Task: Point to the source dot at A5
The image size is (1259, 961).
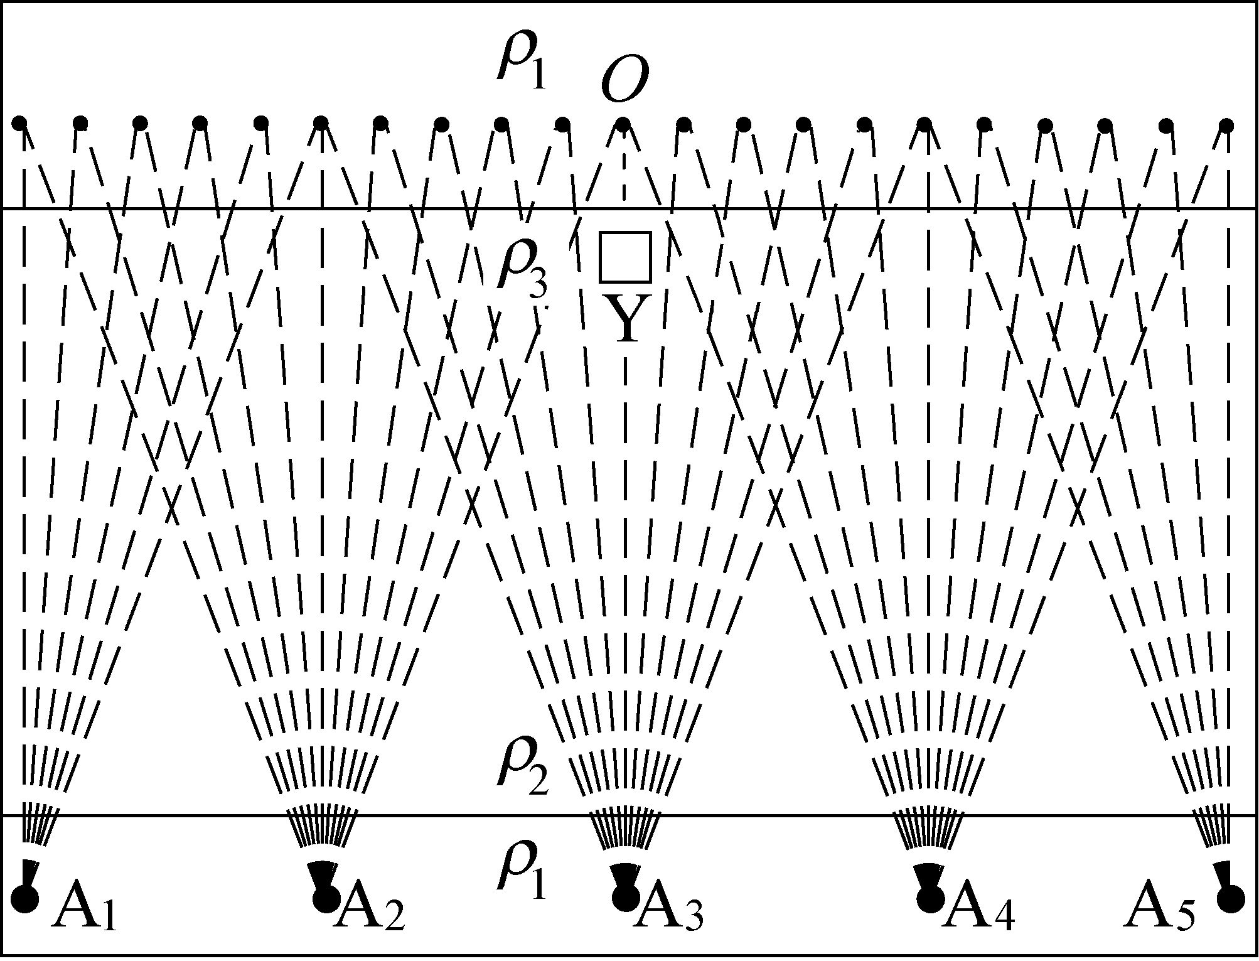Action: (1230, 899)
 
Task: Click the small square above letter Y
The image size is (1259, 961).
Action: (624, 257)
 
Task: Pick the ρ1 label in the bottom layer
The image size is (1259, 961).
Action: (521, 869)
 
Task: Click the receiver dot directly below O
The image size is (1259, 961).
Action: (622, 123)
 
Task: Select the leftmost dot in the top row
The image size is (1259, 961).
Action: (19, 122)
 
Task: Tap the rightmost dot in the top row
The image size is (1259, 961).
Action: (1227, 126)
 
